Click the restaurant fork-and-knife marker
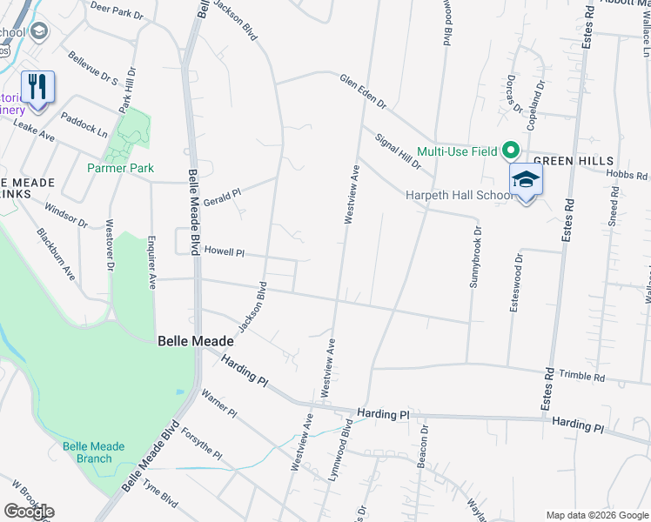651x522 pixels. click(x=37, y=87)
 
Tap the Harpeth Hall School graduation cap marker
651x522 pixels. click(x=526, y=180)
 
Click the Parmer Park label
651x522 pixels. click(x=120, y=168)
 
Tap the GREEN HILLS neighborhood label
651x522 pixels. click(x=574, y=161)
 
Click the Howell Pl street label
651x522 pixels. click(x=225, y=251)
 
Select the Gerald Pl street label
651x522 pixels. click(x=221, y=193)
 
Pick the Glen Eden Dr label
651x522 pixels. click(x=363, y=90)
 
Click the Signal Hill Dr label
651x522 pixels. click(x=398, y=151)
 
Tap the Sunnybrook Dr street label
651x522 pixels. click(x=475, y=258)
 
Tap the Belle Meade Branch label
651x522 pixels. click(x=93, y=452)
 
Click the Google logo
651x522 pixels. click(x=29, y=512)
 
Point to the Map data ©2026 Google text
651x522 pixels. click(x=596, y=515)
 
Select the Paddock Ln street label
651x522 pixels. click(x=84, y=124)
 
